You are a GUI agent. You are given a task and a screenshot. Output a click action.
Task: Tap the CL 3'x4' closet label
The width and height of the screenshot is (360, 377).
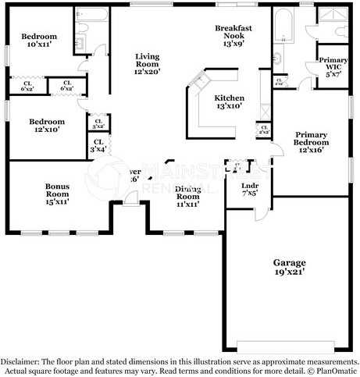point(98,145)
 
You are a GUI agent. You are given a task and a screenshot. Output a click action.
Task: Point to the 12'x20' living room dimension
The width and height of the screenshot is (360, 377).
point(147,72)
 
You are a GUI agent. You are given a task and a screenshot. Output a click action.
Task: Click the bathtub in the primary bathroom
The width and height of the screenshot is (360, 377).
point(282,27)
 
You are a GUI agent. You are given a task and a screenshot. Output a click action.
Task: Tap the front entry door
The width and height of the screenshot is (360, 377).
point(130,202)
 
